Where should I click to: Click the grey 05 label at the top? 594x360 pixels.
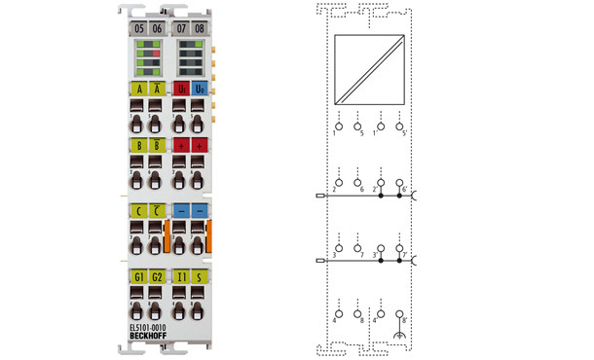138,28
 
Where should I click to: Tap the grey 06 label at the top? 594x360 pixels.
157,28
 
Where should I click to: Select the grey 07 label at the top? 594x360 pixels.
181,28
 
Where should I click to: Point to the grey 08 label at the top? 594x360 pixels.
200,28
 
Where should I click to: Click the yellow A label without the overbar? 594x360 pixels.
138,89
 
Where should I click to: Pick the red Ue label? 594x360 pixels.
181,89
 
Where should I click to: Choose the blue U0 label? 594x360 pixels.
200,89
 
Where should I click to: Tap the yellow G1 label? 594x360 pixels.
138,276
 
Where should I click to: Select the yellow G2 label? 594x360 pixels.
157,276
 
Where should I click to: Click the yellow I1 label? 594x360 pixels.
181,276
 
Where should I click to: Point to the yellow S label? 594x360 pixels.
200,276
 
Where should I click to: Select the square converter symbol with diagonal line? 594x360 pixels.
368,71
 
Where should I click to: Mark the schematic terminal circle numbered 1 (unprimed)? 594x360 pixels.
380,126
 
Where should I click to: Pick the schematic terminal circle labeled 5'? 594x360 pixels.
401,126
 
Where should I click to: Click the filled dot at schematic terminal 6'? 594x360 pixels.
401,196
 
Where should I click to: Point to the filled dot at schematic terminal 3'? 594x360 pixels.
380,261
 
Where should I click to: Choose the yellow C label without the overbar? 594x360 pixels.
138,209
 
